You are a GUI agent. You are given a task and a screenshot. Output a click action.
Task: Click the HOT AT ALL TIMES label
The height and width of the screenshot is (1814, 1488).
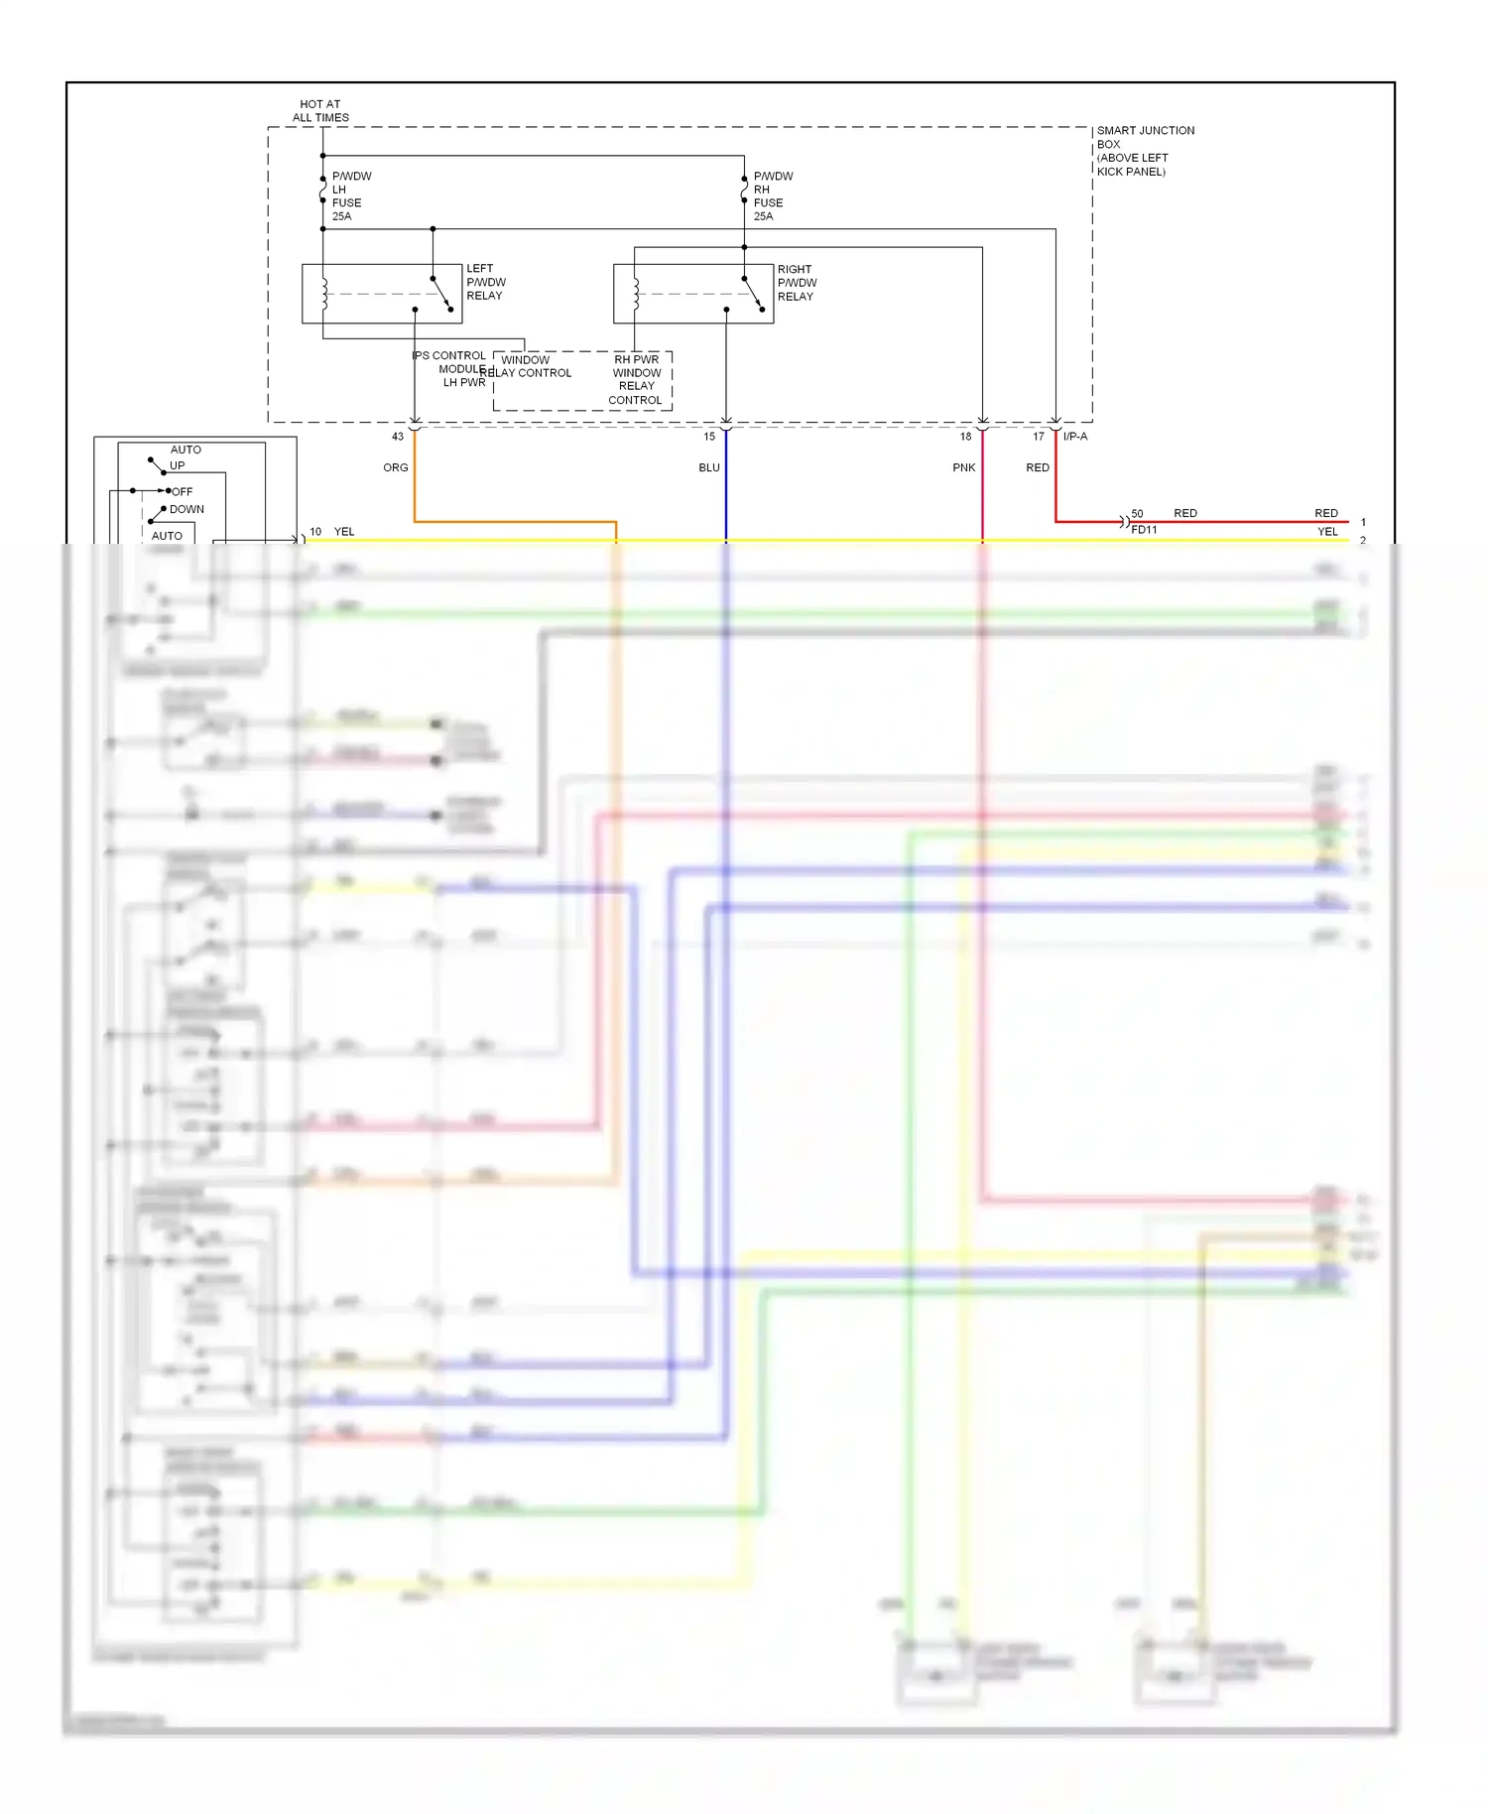click(320, 110)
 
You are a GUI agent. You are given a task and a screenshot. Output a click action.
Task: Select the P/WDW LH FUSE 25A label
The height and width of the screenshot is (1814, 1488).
click(350, 195)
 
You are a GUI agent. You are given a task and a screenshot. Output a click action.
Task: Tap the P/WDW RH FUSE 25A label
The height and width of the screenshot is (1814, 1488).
click(772, 195)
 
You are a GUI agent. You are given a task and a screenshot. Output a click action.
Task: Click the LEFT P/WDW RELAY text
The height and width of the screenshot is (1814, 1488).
click(485, 282)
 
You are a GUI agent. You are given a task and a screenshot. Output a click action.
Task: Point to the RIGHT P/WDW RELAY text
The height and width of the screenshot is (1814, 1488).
click(797, 283)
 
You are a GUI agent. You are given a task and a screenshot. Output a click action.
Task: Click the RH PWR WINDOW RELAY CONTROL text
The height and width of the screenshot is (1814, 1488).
click(636, 380)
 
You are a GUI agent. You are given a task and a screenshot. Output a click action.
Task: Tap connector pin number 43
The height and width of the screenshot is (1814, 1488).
click(398, 437)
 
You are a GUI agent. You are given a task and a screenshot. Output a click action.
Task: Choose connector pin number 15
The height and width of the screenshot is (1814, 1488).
click(709, 437)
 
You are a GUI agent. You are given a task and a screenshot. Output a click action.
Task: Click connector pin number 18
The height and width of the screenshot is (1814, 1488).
click(965, 437)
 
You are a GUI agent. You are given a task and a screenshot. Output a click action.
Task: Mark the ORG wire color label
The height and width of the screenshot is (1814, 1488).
click(396, 467)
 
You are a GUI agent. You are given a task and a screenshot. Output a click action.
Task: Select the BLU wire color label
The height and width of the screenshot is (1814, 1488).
click(709, 467)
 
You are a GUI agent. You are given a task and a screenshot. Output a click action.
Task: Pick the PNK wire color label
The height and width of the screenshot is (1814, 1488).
click(964, 467)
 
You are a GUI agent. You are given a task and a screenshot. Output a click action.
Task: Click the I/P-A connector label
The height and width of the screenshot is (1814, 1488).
click(1075, 437)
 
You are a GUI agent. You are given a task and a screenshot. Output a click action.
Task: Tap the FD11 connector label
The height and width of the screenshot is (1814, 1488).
click(1144, 530)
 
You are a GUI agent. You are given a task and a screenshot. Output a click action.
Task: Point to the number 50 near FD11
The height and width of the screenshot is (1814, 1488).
click(1137, 514)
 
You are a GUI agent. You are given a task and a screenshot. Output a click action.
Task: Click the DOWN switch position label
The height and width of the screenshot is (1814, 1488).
click(186, 509)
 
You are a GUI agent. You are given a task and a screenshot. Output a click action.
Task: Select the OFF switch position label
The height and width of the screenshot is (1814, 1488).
click(183, 491)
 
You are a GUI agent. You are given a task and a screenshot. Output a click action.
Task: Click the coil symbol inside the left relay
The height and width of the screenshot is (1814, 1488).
click(324, 294)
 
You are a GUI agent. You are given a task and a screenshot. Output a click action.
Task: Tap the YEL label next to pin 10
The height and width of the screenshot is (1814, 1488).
click(344, 532)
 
